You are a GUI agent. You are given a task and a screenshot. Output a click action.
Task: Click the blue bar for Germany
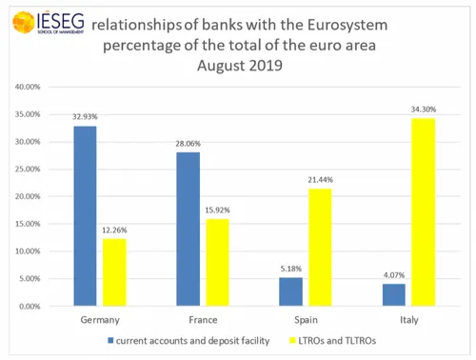[85, 217]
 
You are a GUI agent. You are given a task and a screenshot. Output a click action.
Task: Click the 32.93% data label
[85, 116]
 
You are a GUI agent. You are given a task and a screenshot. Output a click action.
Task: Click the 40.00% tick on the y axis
[27, 87]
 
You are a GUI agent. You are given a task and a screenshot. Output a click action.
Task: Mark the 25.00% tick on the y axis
[27, 170]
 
